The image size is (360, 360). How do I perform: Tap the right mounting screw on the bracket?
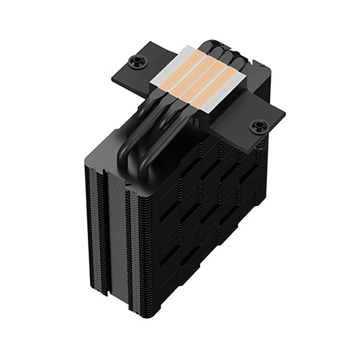(257, 127)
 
